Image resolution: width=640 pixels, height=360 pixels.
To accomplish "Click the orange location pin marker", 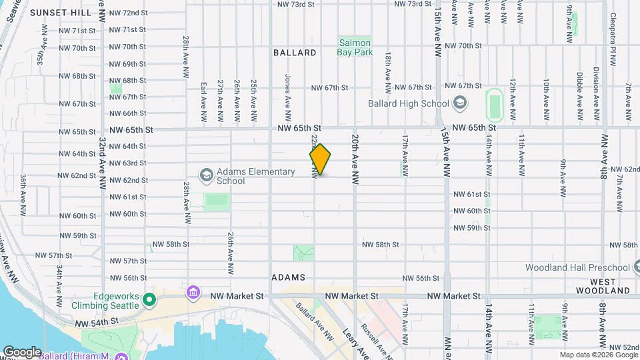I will point(320,159).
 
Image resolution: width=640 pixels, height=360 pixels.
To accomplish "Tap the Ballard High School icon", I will point(459,103).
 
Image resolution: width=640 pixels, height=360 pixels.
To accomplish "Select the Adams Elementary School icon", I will point(207,175).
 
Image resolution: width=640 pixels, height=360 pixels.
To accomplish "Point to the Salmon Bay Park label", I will point(354,47).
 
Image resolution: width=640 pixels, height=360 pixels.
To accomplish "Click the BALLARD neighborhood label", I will point(295,52).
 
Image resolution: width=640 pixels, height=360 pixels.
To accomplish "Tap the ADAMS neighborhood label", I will point(289,277).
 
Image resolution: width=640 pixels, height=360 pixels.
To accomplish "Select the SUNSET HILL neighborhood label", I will point(61,13).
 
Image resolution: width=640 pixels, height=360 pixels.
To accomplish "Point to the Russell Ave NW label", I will point(373,339).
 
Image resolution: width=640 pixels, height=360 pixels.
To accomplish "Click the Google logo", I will point(21,352).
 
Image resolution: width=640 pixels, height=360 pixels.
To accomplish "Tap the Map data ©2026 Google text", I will point(598,355).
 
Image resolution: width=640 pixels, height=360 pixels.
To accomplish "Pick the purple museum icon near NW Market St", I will point(193,293).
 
